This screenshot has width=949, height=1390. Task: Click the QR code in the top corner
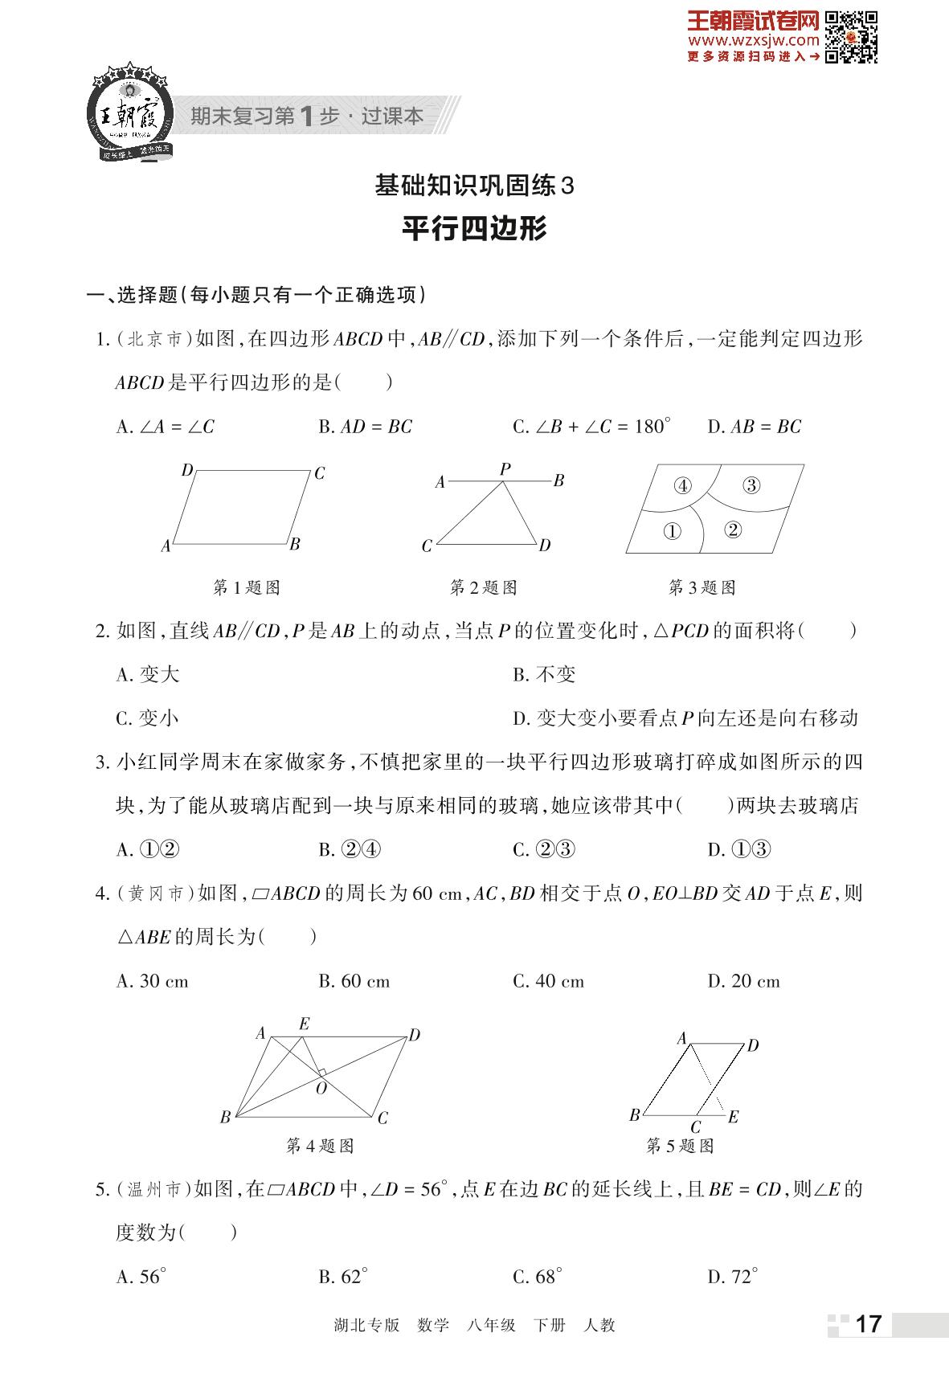tap(852, 36)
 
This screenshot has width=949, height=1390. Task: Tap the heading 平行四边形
tap(474, 228)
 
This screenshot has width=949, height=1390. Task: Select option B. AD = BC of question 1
tap(365, 427)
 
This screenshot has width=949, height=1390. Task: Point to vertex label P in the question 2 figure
tap(505, 468)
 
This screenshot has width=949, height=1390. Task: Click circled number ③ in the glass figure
tap(751, 485)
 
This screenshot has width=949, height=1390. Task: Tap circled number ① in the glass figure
tap(672, 531)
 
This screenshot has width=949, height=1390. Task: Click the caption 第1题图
tap(246, 588)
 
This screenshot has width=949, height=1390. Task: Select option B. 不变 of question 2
tap(544, 675)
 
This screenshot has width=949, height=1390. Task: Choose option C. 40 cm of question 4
tap(548, 981)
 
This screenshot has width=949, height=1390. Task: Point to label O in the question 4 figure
tap(321, 1089)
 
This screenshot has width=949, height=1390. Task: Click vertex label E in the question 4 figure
tap(304, 1024)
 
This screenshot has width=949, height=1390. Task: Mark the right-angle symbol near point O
tap(321, 1073)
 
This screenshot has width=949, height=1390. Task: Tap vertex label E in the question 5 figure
tap(733, 1117)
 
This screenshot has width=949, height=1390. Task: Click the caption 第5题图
tap(680, 1146)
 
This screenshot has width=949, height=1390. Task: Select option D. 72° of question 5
tap(732, 1277)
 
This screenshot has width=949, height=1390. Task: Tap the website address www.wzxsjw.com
tap(753, 40)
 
